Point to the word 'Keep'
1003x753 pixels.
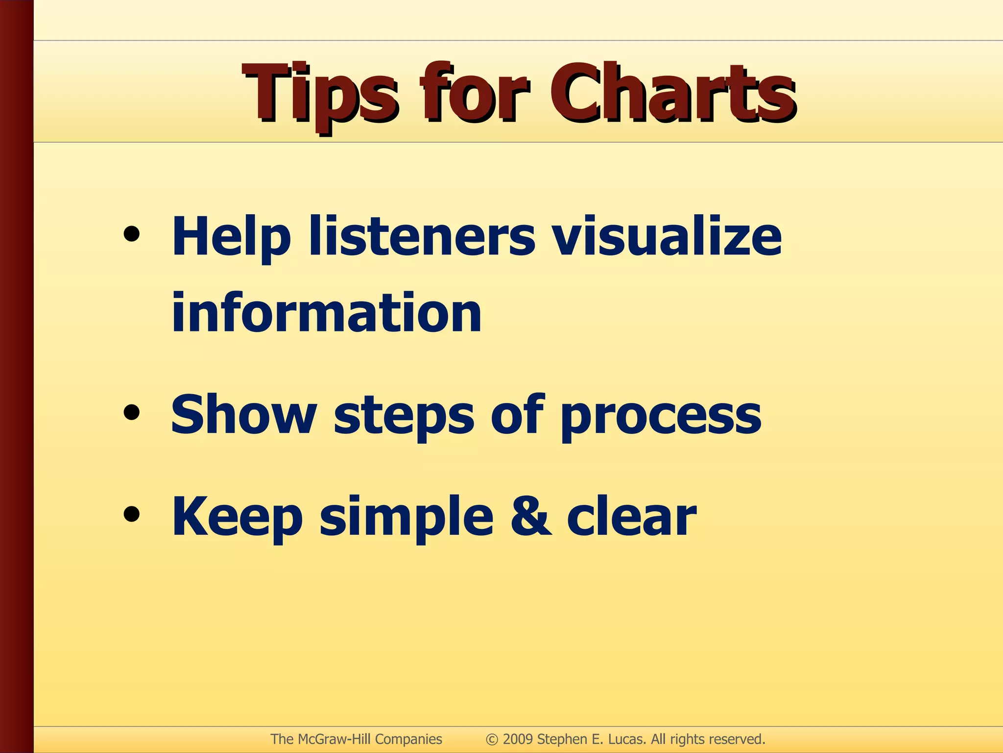coord(237,517)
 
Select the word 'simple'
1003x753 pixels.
coord(406,517)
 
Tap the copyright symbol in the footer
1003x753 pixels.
coord(492,739)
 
